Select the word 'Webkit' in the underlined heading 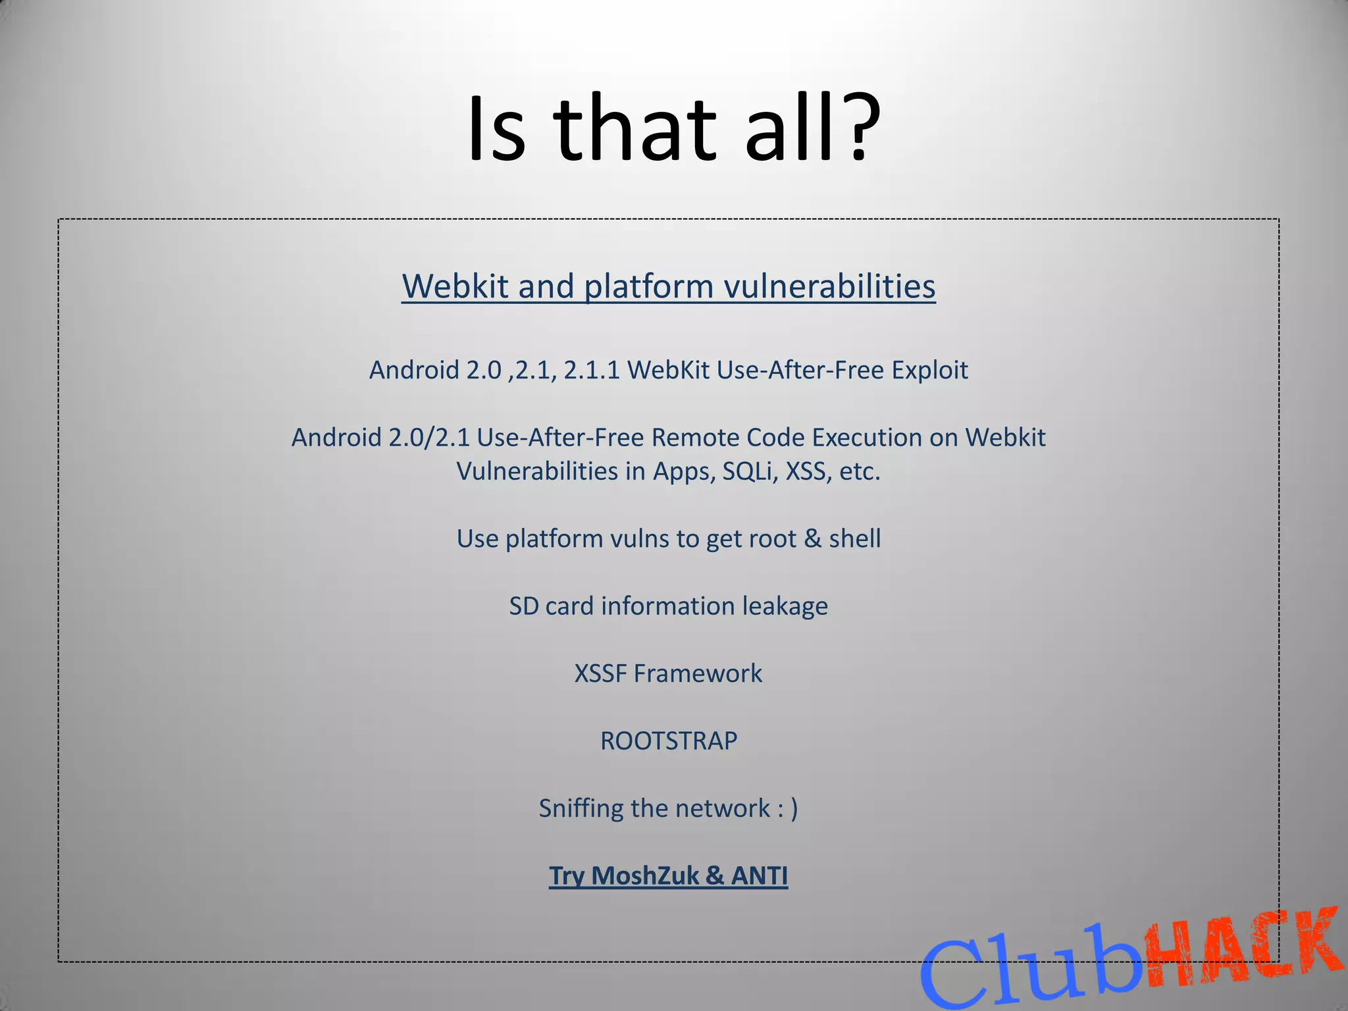click(x=455, y=286)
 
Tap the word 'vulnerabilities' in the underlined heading click(x=829, y=286)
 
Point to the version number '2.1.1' click(x=592, y=370)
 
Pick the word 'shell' click(x=854, y=538)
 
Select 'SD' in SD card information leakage click(x=523, y=606)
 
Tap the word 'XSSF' click(x=600, y=673)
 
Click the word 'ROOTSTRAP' click(x=669, y=740)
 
